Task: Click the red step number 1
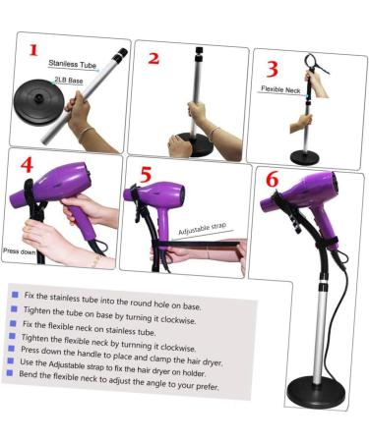[35, 50]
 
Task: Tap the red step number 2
[153, 57]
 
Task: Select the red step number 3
[273, 70]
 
